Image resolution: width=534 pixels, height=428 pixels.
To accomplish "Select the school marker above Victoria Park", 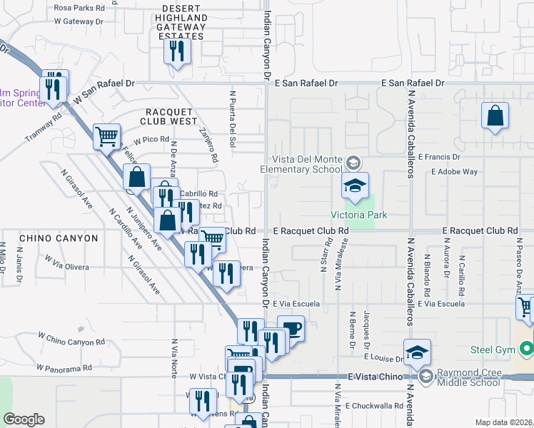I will coord(355,188).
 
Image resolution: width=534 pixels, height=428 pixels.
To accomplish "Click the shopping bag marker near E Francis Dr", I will coord(495,117).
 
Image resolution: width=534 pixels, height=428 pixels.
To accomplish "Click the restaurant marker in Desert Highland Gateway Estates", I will coord(176,53).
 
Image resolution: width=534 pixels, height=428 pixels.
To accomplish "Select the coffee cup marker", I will coord(291,330).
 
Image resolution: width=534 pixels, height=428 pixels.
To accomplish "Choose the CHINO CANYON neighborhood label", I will coord(59,238).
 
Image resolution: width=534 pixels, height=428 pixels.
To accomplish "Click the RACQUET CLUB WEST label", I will coord(171,117).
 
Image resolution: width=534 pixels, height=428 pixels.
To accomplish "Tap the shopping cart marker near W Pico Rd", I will coord(106,136).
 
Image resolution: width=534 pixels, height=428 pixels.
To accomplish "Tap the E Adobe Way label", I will coord(454,172).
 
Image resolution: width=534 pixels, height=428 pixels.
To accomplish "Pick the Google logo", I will coord(24,419).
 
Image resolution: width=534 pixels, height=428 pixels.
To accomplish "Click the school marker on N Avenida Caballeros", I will coord(417,353).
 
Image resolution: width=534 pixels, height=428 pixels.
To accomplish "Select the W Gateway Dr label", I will coord(79,21).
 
